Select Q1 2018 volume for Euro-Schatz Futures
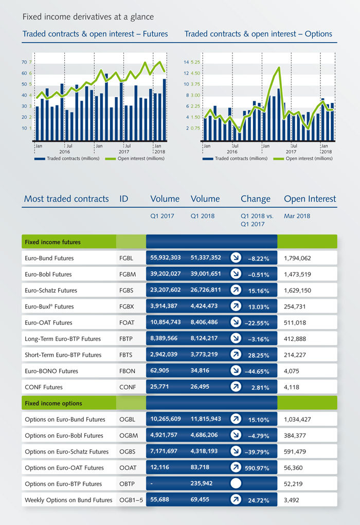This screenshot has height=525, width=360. [x=206, y=290]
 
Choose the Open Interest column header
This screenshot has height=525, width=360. [x=310, y=198]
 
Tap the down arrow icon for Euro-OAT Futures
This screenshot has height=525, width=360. [x=236, y=322]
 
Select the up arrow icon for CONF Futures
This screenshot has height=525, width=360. [x=236, y=387]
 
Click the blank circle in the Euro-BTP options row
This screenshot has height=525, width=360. [x=236, y=483]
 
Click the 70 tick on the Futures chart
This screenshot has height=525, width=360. [x=24, y=62]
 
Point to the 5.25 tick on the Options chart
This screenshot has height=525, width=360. [x=195, y=62]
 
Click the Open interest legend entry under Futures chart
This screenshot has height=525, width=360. [x=135, y=159]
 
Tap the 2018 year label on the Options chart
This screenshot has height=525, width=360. [x=326, y=152]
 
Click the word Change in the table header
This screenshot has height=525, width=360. [x=255, y=198]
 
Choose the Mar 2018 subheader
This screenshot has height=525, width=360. [x=297, y=216]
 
